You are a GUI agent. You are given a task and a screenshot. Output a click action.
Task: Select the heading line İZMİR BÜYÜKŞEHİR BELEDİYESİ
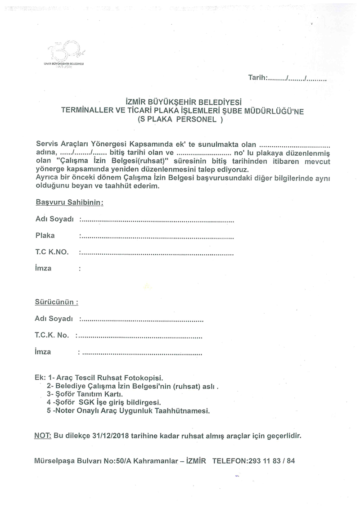[x=184, y=103]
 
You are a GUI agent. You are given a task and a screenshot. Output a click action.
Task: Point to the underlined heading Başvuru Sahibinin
[x=69, y=203]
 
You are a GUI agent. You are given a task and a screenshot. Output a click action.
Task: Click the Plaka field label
[x=45, y=235]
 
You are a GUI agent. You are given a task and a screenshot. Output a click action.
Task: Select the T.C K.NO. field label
[x=52, y=252]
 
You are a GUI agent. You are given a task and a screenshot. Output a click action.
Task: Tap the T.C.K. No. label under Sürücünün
[x=51, y=335]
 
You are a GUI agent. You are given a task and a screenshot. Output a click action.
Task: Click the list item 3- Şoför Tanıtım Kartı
[x=85, y=393]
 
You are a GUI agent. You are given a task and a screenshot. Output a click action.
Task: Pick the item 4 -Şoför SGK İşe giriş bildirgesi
[x=103, y=402]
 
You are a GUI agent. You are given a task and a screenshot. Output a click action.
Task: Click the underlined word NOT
[x=43, y=436]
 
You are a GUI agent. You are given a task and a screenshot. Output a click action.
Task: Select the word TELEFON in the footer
[x=229, y=461]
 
